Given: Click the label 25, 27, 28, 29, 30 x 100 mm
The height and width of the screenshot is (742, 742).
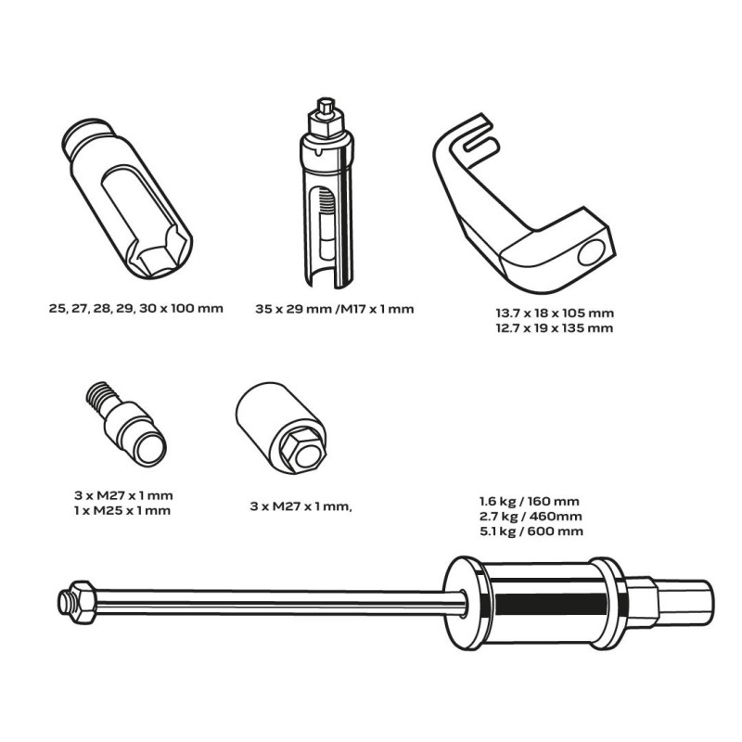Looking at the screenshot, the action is click(135, 309).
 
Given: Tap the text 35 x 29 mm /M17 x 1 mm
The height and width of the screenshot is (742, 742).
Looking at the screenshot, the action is click(334, 310).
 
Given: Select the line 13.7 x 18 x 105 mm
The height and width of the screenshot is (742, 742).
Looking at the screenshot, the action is click(555, 313).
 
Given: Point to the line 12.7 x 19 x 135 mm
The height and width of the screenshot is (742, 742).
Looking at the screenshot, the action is click(554, 328).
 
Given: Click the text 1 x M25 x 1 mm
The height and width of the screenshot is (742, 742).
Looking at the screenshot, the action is click(122, 511).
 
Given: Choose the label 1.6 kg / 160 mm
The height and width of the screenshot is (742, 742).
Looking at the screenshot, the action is click(529, 502).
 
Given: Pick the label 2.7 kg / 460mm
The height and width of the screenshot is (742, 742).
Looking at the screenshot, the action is click(531, 517).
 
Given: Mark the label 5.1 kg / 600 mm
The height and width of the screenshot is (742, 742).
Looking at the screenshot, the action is click(531, 531).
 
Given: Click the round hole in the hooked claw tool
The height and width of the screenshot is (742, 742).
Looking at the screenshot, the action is click(592, 252).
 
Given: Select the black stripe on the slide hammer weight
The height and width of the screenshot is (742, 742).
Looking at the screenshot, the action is click(551, 605).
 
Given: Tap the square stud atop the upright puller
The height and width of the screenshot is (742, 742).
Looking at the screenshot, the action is click(326, 107).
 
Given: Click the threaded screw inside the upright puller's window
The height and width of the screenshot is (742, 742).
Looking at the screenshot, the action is click(326, 200).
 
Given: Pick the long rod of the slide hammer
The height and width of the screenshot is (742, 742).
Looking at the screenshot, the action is click(279, 602).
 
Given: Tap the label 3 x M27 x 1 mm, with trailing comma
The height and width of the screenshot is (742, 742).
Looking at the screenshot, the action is click(301, 506).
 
